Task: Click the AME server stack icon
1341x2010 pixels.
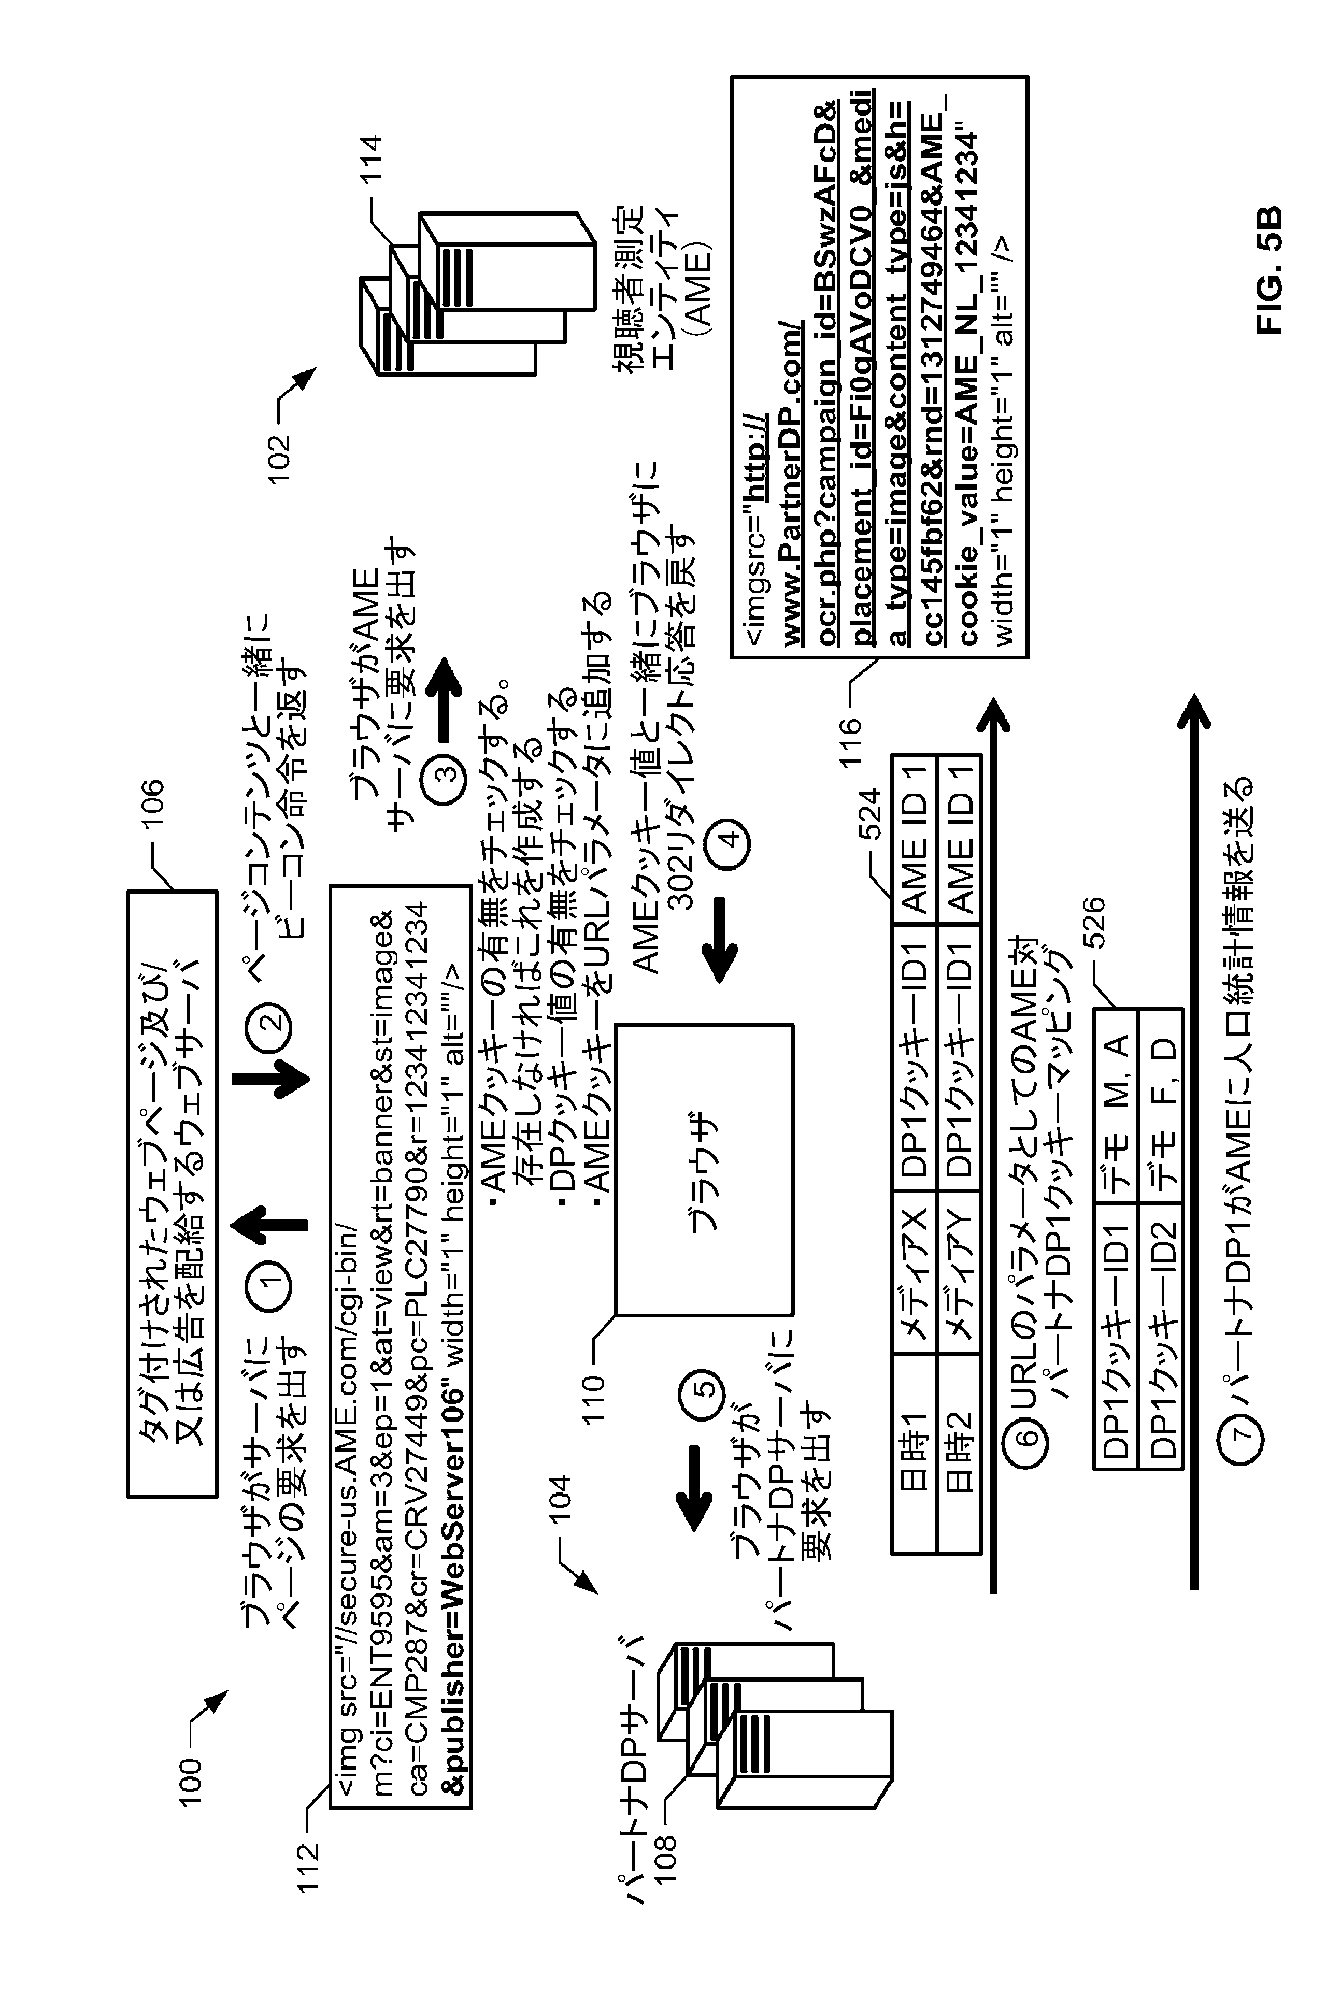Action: coord(475,286)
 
